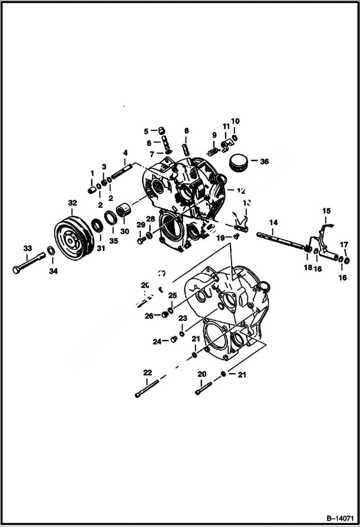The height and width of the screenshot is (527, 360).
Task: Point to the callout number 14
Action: pyautogui.click(x=273, y=222)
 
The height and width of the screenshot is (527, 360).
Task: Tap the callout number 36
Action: pyautogui.click(x=264, y=162)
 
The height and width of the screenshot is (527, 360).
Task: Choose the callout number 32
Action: pyautogui.click(x=72, y=203)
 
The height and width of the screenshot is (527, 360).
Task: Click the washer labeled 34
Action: pyautogui.click(x=50, y=251)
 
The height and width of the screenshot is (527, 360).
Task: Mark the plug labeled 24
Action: pyautogui.click(x=174, y=340)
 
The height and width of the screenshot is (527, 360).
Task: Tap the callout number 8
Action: pyautogui.click(x=186, y=131)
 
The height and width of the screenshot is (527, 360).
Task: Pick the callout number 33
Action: pyautogui.click(x=27, y=248)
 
